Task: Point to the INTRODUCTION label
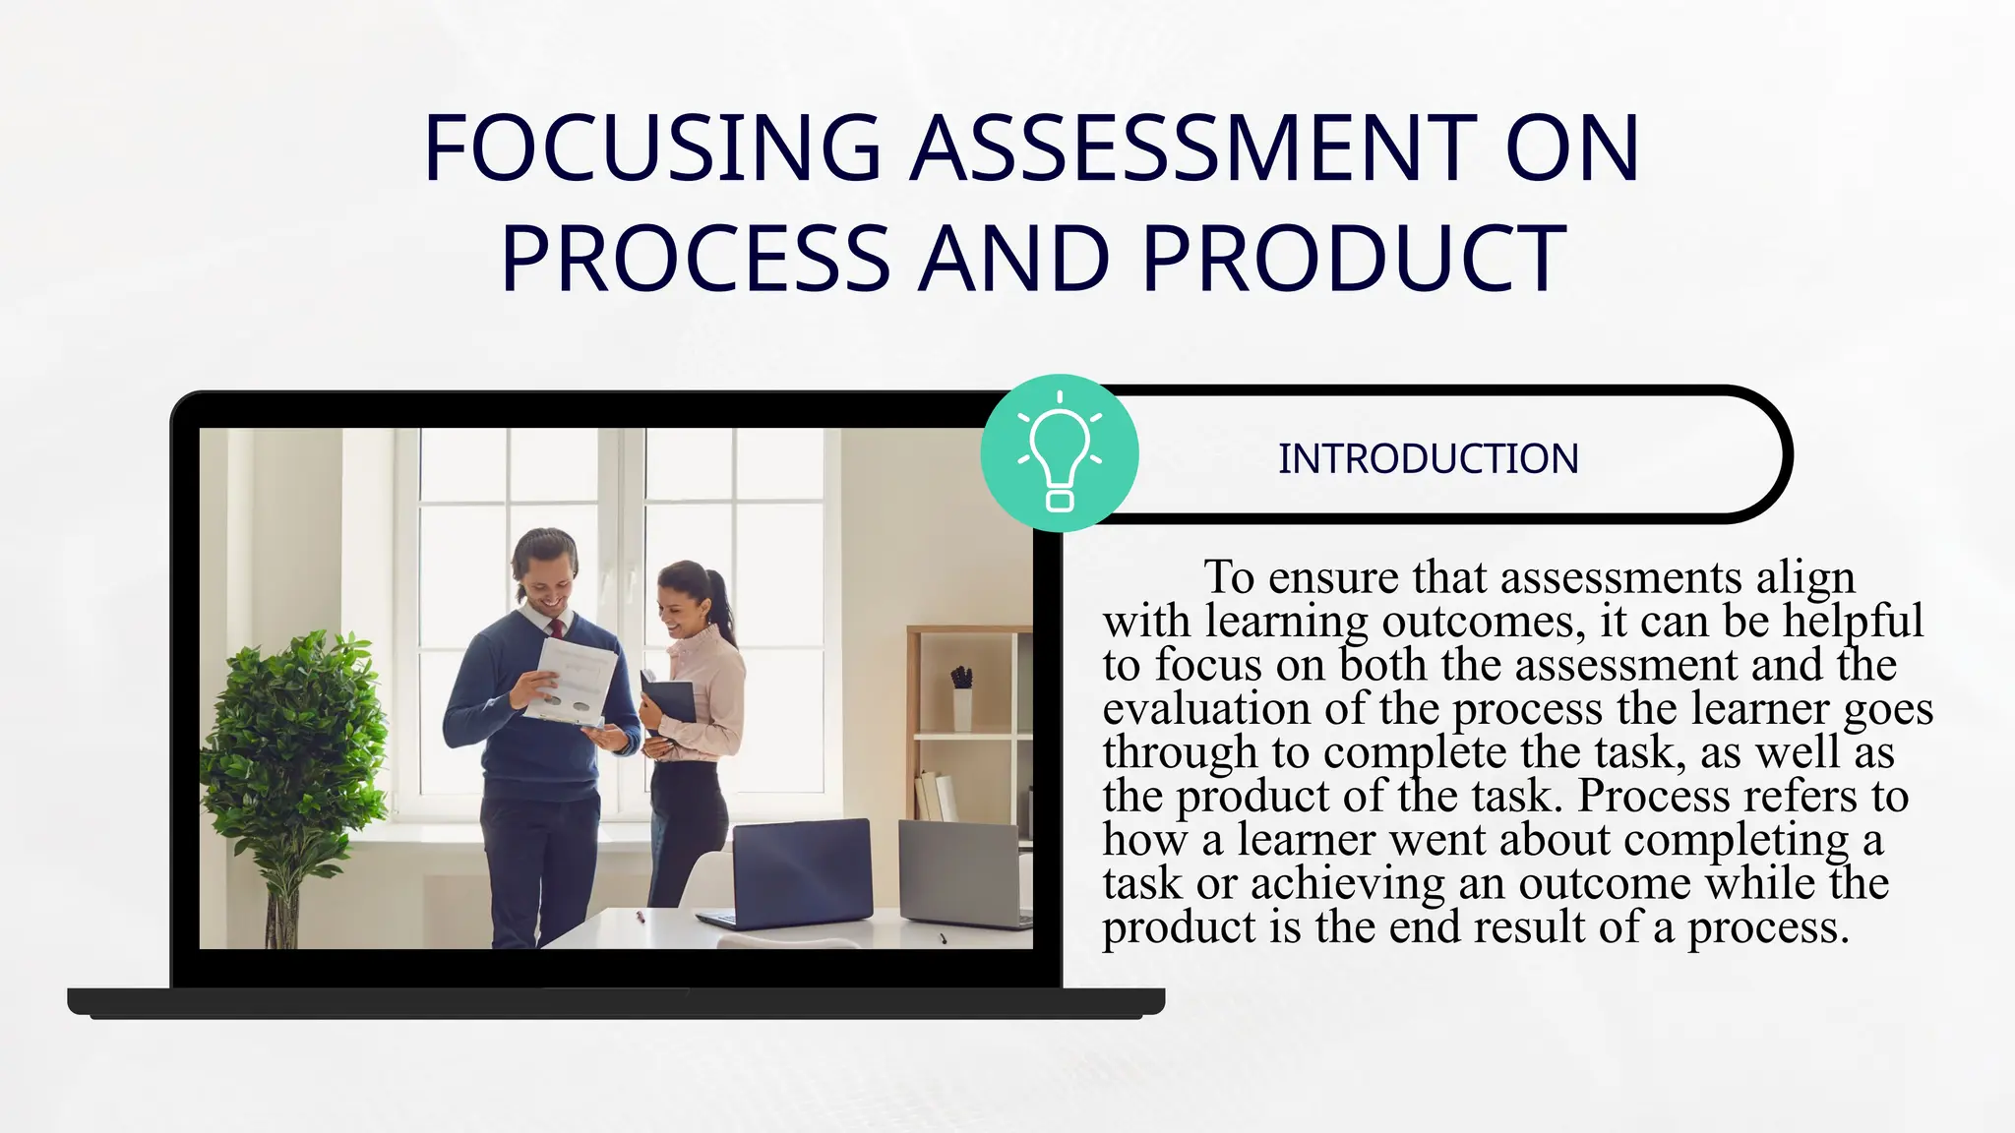(x=1428, y=458)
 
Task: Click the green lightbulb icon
(x=1060, y=453)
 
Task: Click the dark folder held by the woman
(x=669, y=700)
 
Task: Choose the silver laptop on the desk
(x=959, y=874)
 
